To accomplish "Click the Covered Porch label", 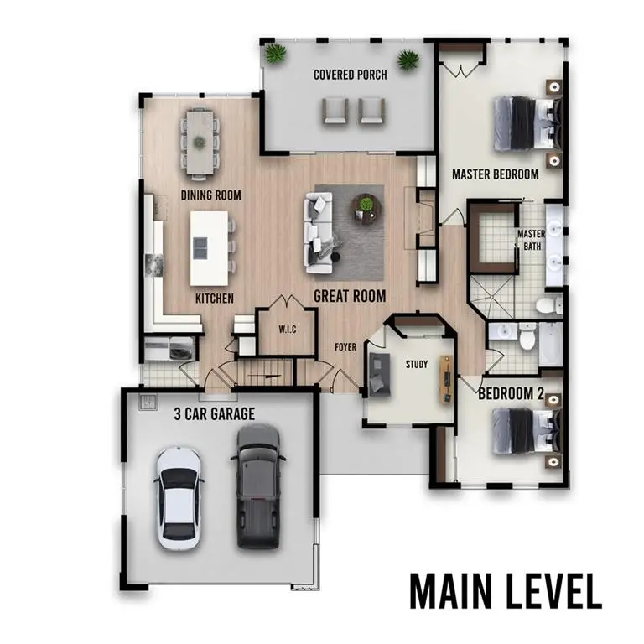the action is (x=350, y=75).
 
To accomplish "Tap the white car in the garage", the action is (x=179, y=498).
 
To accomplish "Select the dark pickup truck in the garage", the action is (x=258, y=486).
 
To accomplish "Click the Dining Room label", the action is (x=211, y=195).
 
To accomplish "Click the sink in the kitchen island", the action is (x=200, y=247).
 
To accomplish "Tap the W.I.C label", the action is (x=288, y=330).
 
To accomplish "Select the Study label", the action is (x=417, y=364).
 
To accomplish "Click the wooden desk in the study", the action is (x=446, y=380).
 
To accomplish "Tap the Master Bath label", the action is (x=532, y=240).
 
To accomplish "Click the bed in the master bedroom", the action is (x=527, y=122).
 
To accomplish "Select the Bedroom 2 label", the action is (x=511, y=393).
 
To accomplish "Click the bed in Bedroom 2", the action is (x=527, y=431).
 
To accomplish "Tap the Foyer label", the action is (x=345, y=347).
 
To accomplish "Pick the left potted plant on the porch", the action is (x=274, y=54).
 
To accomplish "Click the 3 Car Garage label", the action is (x=215, y=413).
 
